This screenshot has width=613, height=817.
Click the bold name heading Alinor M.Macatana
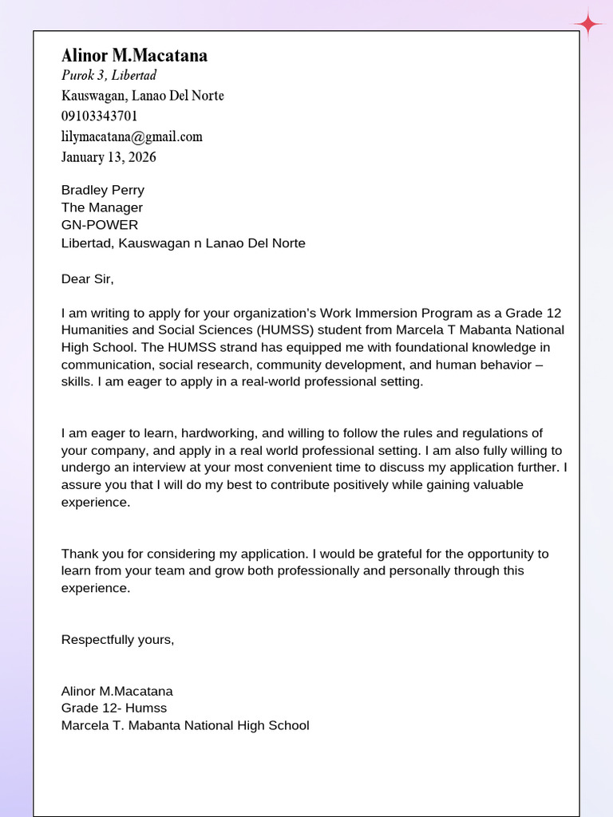click(134, 55)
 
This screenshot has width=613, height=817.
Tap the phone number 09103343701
click(99, 116)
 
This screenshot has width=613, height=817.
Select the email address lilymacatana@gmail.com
click(132, 136)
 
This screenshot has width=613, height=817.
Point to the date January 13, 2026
click(109, 157)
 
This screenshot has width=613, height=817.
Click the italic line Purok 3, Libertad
click(109, 75)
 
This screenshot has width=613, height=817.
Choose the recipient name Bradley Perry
click(102, 190)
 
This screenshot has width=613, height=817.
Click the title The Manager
click(101, 207)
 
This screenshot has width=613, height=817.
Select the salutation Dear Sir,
click(88, 278)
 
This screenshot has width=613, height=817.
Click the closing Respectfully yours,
click(117, 639)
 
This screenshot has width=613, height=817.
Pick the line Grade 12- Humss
click(114, 708)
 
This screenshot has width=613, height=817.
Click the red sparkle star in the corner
click(589, 24)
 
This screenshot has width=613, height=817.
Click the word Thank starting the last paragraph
click(79, 554)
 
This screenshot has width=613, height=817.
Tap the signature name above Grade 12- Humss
click(117, 691)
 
